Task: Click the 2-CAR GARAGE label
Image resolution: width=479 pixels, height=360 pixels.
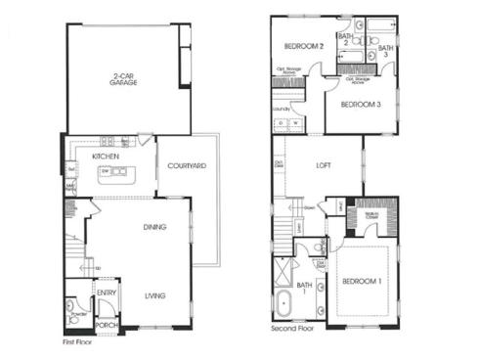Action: point(123,80)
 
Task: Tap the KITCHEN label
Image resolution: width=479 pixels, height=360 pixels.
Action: point(105,157)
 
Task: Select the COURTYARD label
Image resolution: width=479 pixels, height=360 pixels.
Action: point(186,166)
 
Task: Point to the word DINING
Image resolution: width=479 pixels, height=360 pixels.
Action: point(154,227)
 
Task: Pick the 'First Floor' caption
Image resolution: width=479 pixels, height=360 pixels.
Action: point(80,343)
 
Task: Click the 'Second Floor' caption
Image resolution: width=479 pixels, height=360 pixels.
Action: point(293,330)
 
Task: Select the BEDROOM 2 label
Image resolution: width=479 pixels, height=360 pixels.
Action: point(303,46)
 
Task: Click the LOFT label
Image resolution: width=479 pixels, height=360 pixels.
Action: point(324,166)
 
